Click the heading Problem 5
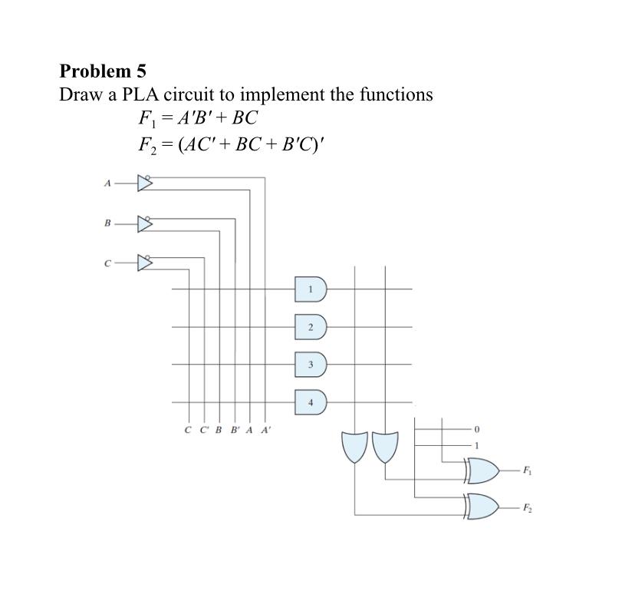click(x=103, y=71)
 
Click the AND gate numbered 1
click(x=311, y=289)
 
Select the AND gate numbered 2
click(x=311, y=327)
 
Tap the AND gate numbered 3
click(x=311, y=364)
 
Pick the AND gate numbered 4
click(x=311, y=401)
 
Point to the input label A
click(x=107, y=183)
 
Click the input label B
click(x=107, y=223)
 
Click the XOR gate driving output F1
click(x=481, y=471)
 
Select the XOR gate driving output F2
click(x=481, y=507)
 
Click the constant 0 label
click(x=476, y=428)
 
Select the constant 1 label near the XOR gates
click(x=476, y=444)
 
